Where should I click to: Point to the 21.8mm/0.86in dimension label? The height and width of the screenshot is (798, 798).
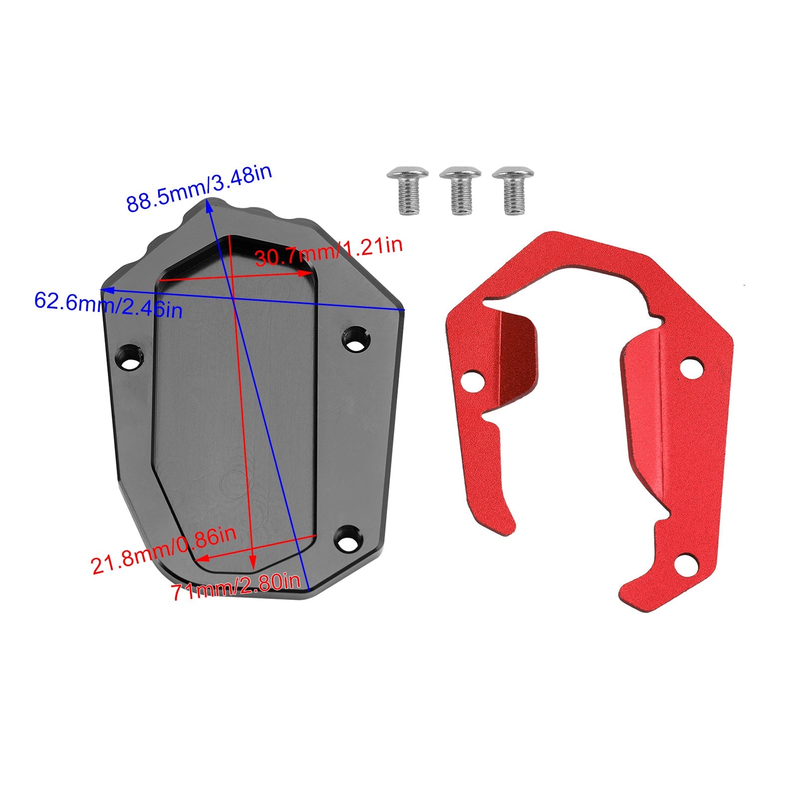(x=163, y=550)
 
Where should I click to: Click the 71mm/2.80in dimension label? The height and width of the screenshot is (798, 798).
(x=236, y=589)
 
